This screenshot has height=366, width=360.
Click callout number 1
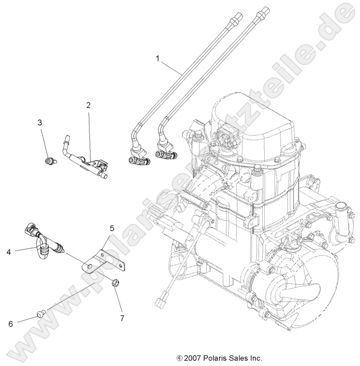[158, 59]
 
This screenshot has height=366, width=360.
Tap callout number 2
[88, 105]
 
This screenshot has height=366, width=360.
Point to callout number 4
[9, 252]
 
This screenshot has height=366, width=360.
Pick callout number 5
[111, 227]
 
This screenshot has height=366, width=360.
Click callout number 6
[11, 324]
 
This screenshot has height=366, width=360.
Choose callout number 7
[122, 318]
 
